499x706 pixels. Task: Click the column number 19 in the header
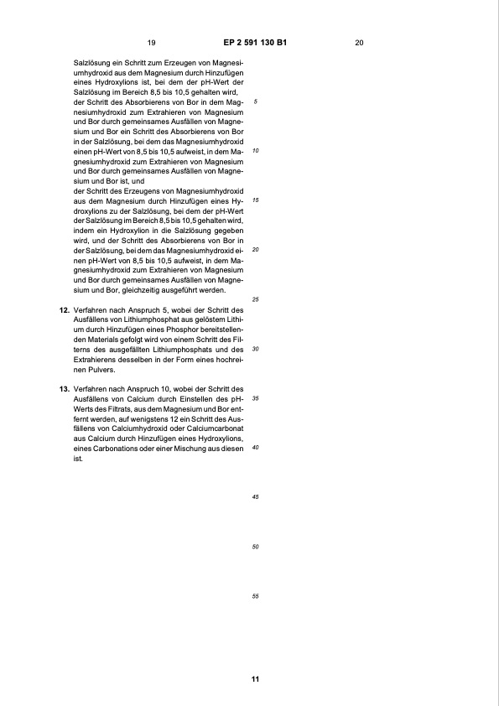coord(151,42)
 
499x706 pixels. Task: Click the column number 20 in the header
coord(359,42)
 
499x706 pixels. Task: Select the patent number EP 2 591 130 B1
coord(255,42)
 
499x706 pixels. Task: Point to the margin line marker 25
coord(256,299)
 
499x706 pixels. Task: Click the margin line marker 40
coord(256,448)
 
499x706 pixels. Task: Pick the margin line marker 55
coord(256,596)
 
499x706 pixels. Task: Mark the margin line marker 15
coord(256,200)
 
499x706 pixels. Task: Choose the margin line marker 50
coord(256,547)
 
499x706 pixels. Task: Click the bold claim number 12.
coord(63,310)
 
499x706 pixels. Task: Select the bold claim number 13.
coord(63,389)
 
